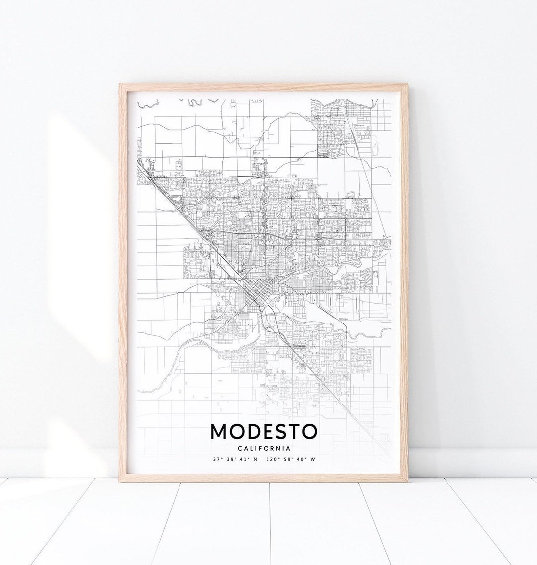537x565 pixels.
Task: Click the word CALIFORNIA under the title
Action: (264, 449)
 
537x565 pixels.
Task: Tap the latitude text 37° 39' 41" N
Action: (235, 459)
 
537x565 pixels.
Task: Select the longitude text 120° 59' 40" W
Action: (290, 459)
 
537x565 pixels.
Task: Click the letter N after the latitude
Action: (255, 459)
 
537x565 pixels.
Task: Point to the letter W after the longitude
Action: (313, 459)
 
